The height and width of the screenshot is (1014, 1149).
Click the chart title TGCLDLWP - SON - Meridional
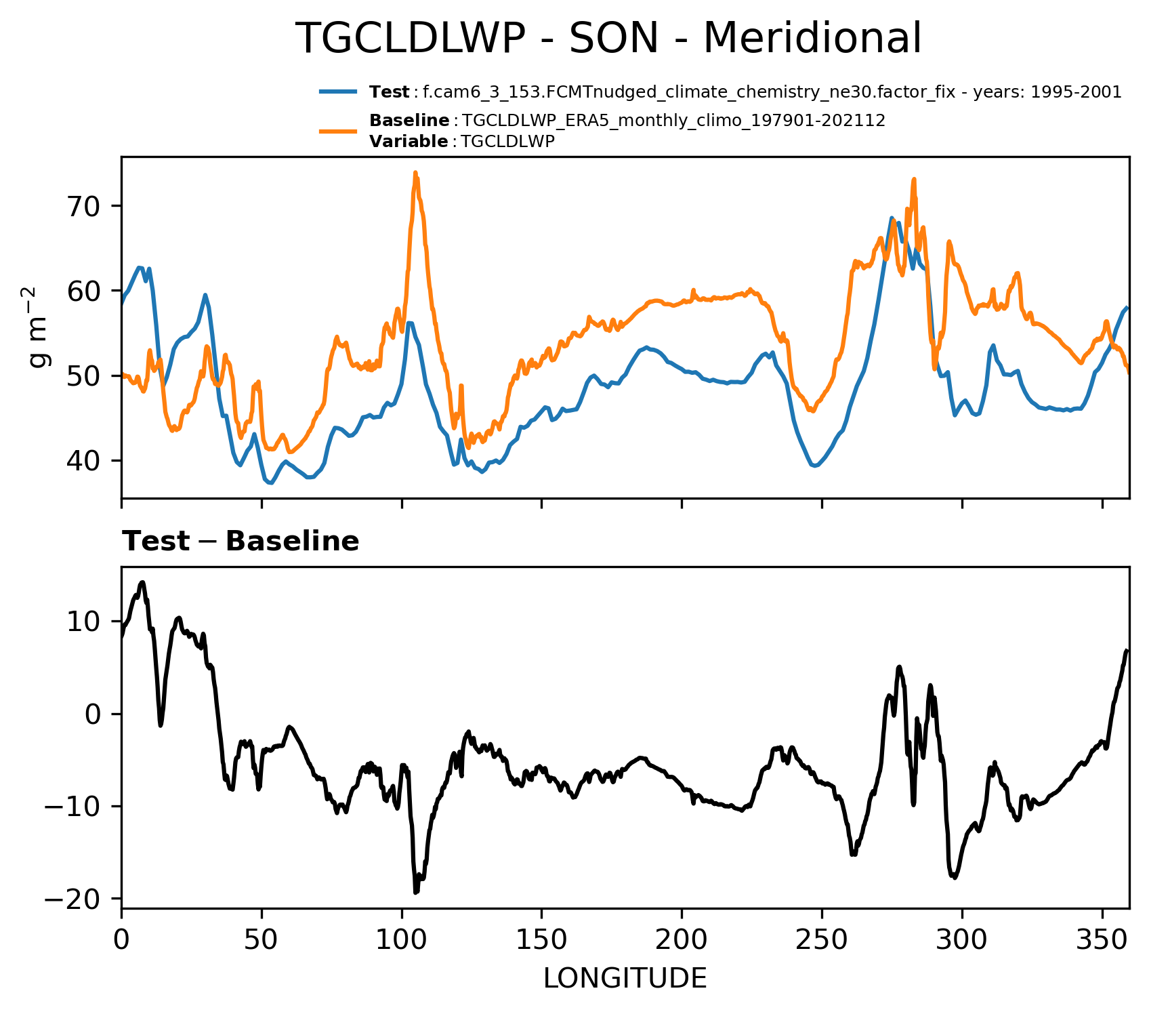coord(608,38)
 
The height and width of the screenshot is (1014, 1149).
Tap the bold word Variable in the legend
coord(409,142)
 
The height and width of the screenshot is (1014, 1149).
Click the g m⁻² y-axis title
coord(39,327)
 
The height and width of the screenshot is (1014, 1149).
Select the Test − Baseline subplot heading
coord(241,542)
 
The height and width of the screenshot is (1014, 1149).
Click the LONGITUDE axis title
coord(625,978)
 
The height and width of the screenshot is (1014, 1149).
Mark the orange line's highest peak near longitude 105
coord(415,173)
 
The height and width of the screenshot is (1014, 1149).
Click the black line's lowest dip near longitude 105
coord(415,892)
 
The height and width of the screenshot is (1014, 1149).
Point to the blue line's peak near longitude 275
coord(892,218)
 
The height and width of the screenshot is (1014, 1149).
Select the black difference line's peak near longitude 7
coord(142,582)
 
